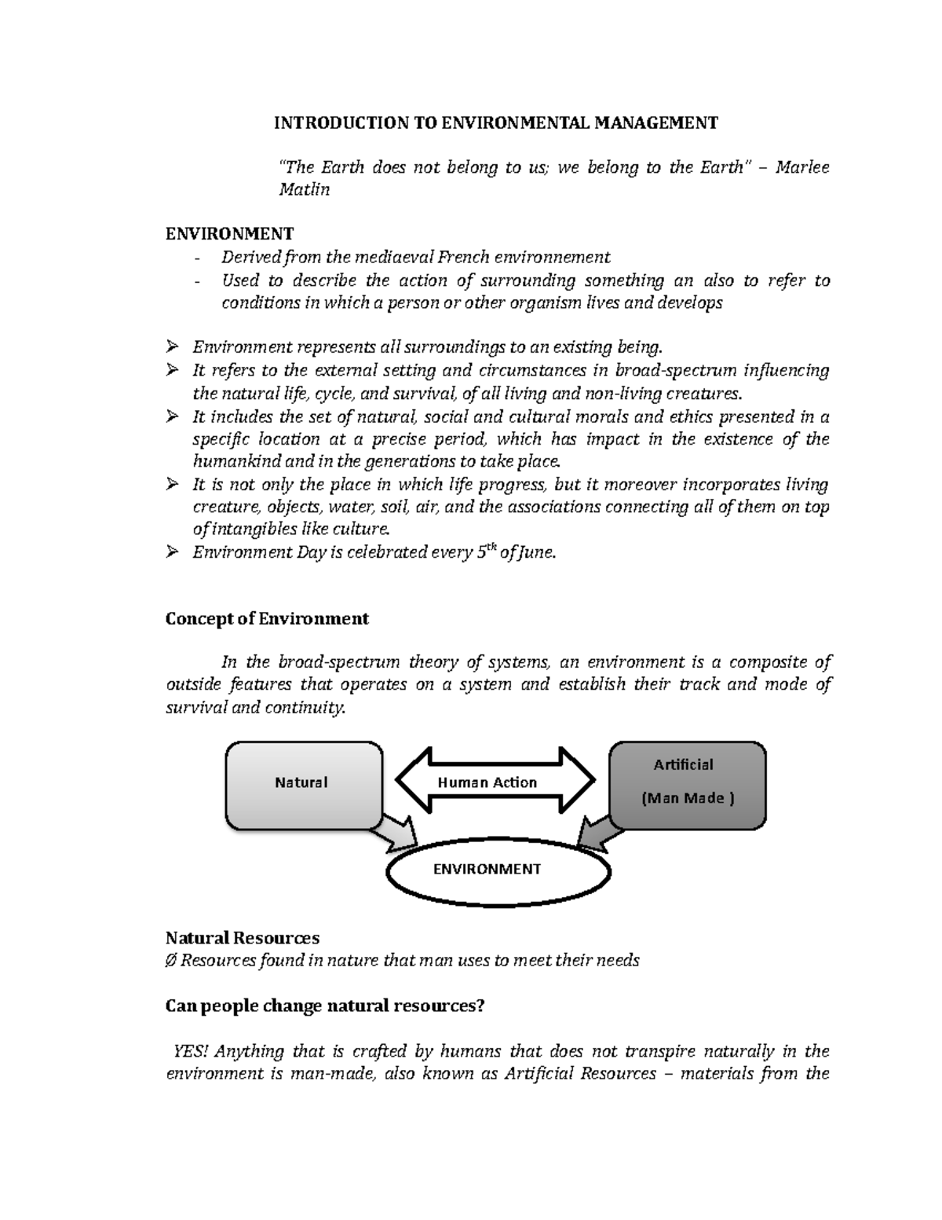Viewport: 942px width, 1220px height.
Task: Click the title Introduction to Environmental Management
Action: click(495, 123)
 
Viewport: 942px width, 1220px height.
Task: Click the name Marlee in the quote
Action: click(801, 167)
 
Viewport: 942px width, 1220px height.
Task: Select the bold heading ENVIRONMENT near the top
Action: click(229, 233)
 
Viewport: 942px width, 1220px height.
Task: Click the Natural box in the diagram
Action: click(301, 782)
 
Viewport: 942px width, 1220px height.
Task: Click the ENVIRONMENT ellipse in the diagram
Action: click(498, 869)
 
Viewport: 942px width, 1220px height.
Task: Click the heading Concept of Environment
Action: click(267, 618)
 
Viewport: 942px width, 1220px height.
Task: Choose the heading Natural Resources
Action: click(243, 938)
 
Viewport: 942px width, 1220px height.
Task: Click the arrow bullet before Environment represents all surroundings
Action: click(173, 347)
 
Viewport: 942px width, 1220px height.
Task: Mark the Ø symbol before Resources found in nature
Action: click(171, 961)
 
